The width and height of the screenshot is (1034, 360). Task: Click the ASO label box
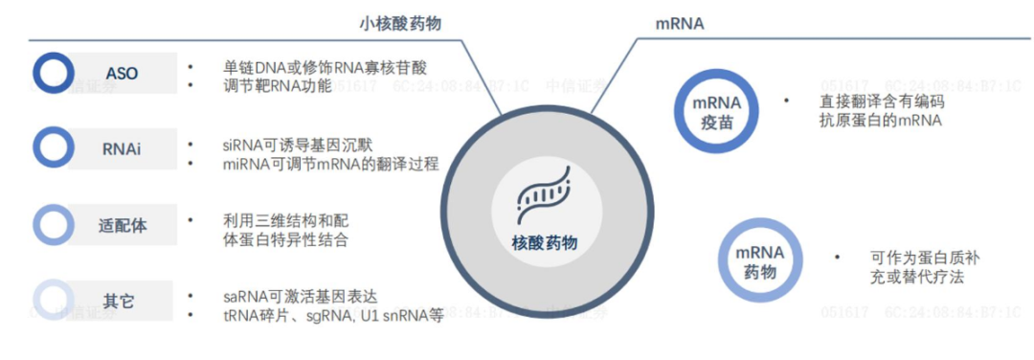[122, 73]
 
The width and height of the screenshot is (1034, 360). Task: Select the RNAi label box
[122, 148]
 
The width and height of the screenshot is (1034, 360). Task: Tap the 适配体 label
[122, 226]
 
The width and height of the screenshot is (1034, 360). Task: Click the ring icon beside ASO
[54, 73]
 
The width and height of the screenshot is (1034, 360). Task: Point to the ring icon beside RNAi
[54, 147]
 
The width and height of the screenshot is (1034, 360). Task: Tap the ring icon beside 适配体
[54, 225]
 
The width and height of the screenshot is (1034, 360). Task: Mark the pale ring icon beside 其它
[54, 301]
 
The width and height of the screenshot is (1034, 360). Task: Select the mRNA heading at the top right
[678, 22]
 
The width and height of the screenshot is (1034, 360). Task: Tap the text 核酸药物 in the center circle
[546, 243]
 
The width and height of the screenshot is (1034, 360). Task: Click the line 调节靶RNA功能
[277, 87]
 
